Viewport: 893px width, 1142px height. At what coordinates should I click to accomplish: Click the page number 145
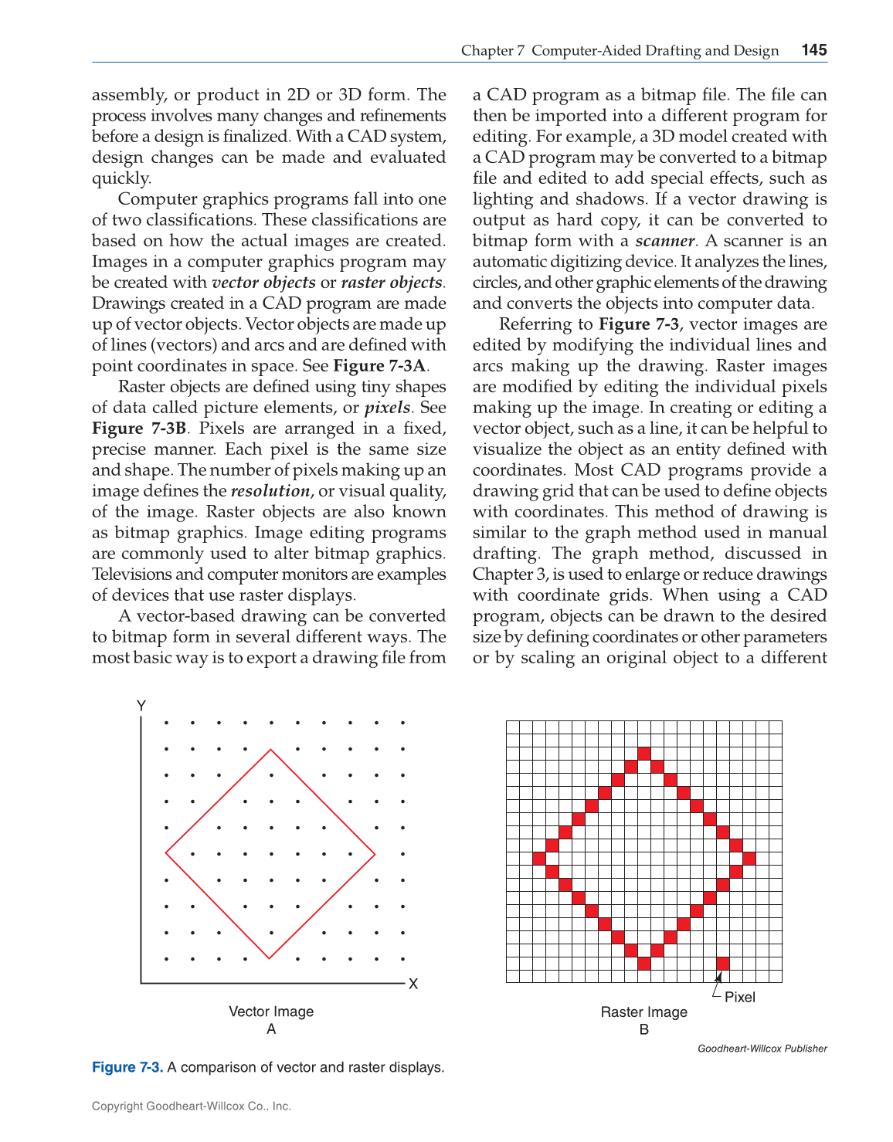[x=813, y=50]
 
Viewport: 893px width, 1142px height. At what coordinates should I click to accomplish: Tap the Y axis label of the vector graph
[x=141, y=706]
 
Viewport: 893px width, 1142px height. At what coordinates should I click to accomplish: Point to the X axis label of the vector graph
[x=413, y=984]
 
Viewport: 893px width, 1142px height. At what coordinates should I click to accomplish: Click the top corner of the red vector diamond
[x=270, y=750]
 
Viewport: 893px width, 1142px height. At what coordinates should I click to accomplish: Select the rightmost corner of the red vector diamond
[x=375, y=855]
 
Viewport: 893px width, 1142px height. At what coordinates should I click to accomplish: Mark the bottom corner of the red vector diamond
[x=270, y=958]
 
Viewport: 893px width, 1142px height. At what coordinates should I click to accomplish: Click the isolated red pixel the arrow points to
[x=723, y=963]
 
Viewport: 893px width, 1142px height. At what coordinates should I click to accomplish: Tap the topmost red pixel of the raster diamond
[x=643, y=753]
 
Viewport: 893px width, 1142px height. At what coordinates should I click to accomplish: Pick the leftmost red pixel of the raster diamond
[x=539, y=858]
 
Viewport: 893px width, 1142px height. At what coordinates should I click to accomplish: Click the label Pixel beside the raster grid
[x=739, y=997]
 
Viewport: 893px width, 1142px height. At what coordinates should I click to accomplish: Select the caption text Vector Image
[x=271, y=1012]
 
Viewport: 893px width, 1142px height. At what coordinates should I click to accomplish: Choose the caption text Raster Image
[x=643, y=1012]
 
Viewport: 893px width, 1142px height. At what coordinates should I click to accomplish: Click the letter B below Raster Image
[x=643, y=1030]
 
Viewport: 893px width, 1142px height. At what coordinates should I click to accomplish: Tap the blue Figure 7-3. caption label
[x=127, y=1067]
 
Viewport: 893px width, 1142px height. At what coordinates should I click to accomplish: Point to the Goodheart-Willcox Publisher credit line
[x=762, y=1049]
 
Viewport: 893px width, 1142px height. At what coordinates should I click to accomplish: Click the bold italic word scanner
[x=664, y=241]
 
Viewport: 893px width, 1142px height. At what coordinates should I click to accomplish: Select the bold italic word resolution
[x=270, y=491]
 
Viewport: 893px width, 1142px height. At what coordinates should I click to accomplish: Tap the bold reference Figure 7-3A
[x=380, y=366]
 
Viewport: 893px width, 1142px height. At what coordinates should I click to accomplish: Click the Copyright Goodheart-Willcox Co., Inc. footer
[x=192, y=1106]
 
